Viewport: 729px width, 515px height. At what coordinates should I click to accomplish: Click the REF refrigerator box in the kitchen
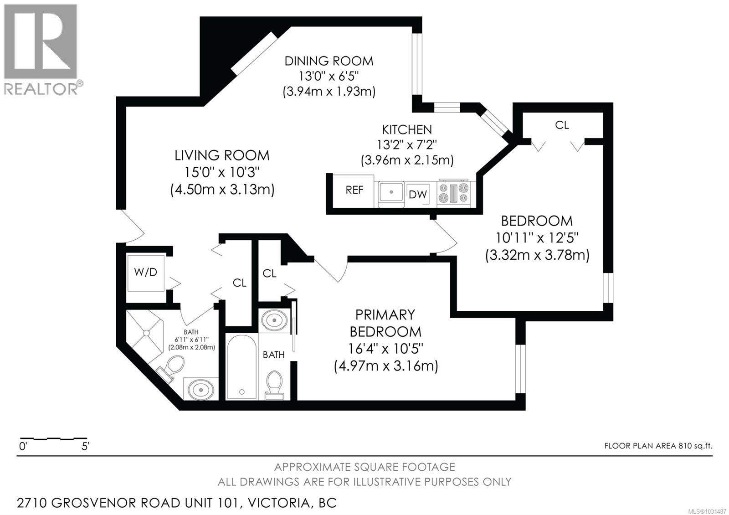click(x=354, y=191)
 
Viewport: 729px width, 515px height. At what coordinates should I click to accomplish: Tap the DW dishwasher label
click(x=417, y=195)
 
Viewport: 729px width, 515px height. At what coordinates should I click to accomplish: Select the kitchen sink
click(x=391, y=192)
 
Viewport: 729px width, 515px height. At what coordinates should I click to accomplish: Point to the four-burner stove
click(x=453, y=193)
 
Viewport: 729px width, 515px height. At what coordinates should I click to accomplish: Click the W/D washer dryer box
click(x=145, y=273)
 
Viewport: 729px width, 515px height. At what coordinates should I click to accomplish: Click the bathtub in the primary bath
click(x=241, y=367)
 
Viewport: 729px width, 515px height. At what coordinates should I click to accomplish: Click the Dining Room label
click(x=329, y=61)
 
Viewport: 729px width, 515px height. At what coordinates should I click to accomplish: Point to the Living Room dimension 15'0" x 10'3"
click(x=222, y=173)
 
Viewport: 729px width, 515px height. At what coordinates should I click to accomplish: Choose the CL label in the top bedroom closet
click(x=562, y=125)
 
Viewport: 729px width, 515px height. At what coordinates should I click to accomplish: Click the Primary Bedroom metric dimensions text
click(x=386, y=366)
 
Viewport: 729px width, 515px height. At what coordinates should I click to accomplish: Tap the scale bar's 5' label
click(x=85, y=447)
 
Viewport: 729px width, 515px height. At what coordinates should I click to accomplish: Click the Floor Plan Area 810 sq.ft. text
click(x=658, y=446)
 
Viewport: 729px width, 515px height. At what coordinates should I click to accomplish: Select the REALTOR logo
click(x=41, y=49)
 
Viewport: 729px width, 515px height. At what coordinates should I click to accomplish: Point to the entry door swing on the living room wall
click(x=132, y=227)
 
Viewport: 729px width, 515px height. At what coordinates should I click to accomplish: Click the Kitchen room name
click(x=407, y=129)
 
